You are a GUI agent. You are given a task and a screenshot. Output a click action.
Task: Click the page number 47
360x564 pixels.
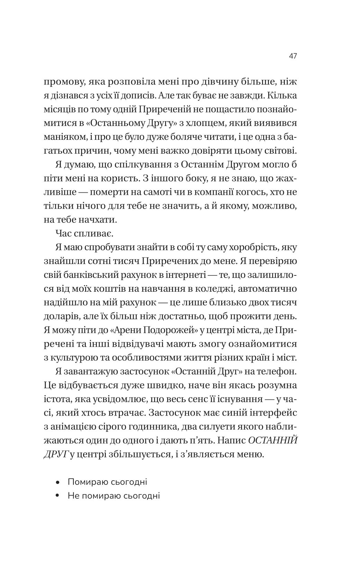(x=292, y=56)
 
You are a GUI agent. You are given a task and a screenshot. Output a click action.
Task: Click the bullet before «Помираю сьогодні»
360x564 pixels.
(x=58, y=482)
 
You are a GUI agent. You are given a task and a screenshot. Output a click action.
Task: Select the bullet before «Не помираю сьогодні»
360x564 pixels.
(x=58, y=496)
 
